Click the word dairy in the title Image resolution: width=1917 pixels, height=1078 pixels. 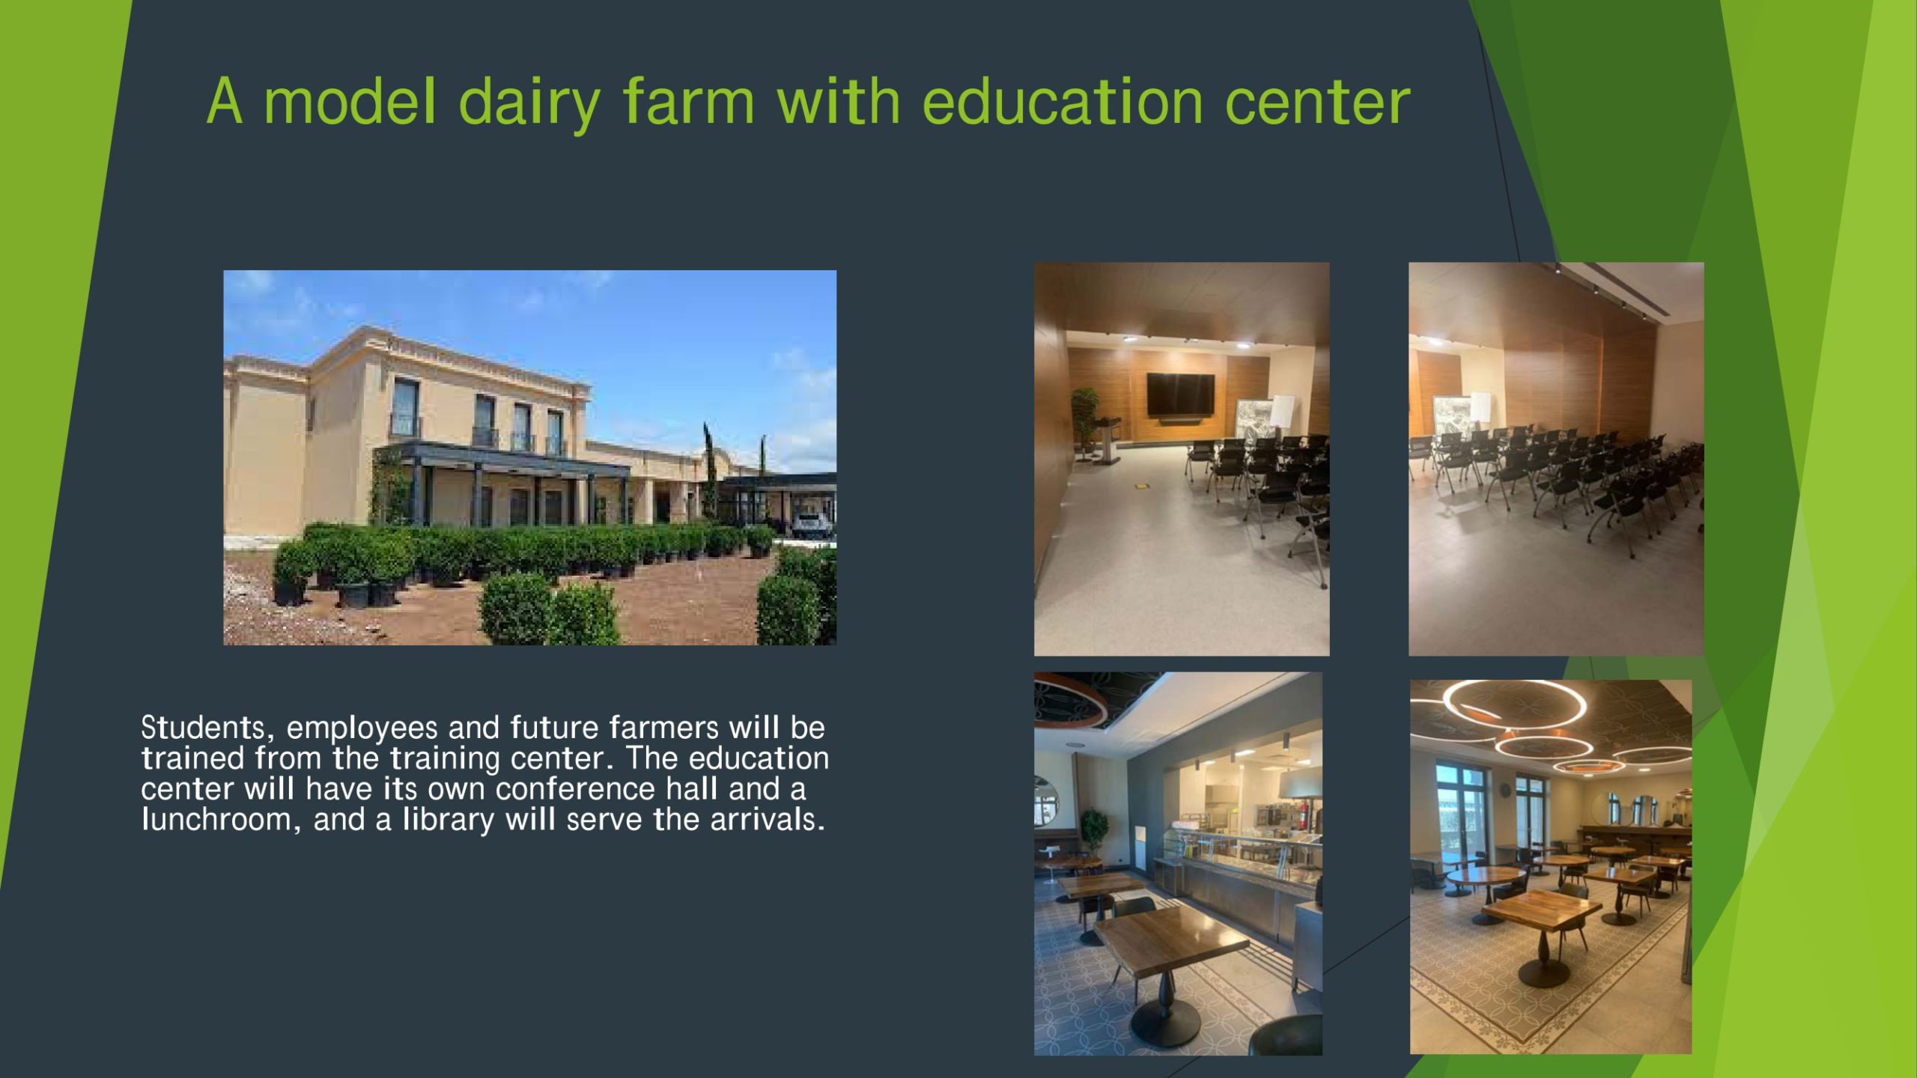pyautogui.click(x=529, y=103)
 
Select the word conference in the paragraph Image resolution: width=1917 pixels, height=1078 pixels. pyautogui.click(x=575, y=789)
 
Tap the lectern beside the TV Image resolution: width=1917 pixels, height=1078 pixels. pyautogui.click(x=1105, y=439)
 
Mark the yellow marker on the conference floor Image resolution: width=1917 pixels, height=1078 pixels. pyautogui.click(x=1141, y=486)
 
